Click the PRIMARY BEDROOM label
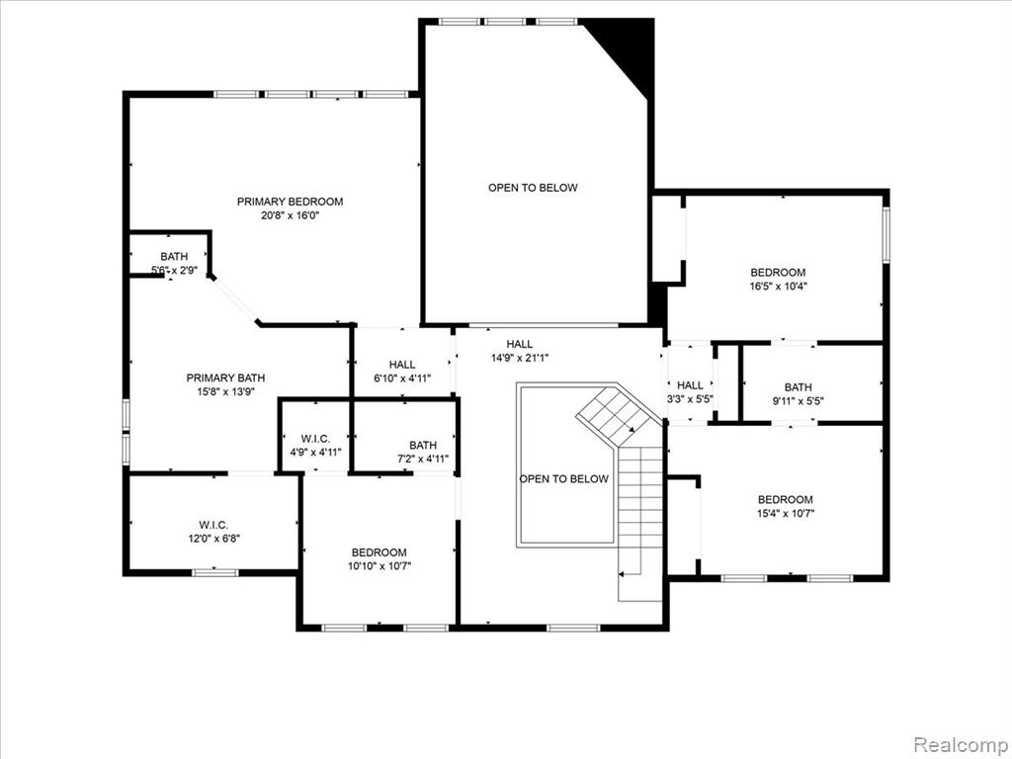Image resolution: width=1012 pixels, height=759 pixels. tap(290, 202)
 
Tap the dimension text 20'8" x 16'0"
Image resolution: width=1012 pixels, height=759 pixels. tap(290, 215)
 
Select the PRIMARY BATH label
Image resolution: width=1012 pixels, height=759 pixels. tap(225, 378)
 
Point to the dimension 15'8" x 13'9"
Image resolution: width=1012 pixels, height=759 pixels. tap(225, 391)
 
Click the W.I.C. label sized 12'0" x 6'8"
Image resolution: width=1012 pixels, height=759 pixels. tap(213, 525)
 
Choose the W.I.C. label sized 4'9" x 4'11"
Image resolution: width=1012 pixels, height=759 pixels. tap(315, 438)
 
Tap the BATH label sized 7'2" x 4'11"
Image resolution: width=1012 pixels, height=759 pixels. tap(423, 445)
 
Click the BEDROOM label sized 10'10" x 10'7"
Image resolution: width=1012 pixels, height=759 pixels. tap(379, 552)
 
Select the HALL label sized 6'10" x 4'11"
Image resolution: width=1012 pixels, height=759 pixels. tap(402, 365)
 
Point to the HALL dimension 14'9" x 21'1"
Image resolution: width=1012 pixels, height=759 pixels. tap(520, 358)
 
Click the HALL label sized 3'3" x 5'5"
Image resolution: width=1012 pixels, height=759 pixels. tap(690, 385)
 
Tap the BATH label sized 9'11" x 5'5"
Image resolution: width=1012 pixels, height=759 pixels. tap(799, 387)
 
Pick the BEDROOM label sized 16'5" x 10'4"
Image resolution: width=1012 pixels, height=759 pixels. tap(778, 273)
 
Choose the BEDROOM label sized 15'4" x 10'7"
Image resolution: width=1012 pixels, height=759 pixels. tap(786, 499)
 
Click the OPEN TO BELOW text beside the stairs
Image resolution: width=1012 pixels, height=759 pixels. tap(564, 479)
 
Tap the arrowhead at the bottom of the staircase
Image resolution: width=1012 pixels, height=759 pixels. tap(622, 573)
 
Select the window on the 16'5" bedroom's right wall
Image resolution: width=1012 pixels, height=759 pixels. tap(886, 234)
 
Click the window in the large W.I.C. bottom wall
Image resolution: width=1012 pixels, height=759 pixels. tap(215, 572)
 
